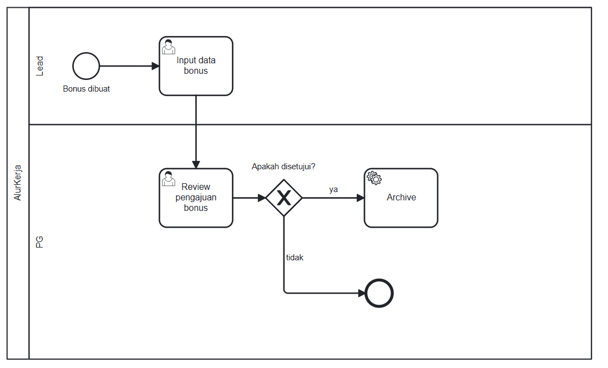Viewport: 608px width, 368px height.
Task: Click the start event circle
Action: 86,66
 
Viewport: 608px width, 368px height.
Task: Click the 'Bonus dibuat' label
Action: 86,89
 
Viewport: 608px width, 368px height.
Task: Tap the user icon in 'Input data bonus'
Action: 168,47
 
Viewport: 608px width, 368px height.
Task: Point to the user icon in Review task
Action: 168,178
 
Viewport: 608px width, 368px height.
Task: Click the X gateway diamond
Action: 284,198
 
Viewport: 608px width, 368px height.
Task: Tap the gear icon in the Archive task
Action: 374,178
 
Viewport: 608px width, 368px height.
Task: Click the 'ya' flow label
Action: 333,189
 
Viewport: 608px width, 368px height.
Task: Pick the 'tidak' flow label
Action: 295,258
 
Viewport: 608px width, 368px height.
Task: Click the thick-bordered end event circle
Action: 379,293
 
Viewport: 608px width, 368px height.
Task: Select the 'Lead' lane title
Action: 39,66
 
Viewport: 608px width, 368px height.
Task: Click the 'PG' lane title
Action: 39,241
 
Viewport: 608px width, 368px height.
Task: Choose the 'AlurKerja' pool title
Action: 18,183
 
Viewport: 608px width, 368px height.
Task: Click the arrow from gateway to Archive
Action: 333,198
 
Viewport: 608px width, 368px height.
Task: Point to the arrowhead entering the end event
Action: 361,293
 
